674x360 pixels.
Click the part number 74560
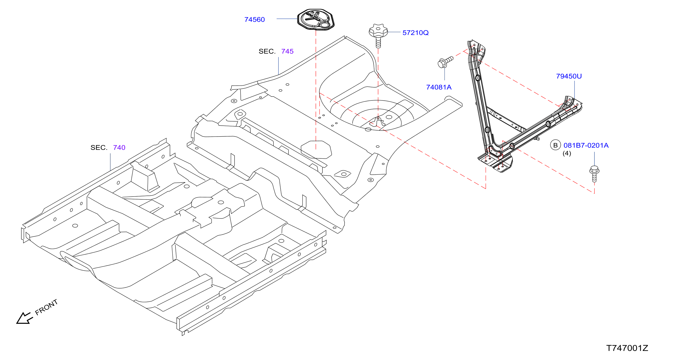coord(254,20)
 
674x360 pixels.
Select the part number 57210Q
coord(415,33)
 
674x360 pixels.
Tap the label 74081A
coord(439,87)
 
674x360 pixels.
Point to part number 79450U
coord(569,76)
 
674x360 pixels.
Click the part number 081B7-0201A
coord(586,145)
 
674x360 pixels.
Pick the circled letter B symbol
coord(555,145)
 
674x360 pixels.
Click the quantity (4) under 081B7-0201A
coord(567,153)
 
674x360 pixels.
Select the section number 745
coord(287,51)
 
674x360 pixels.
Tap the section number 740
coord(119,148)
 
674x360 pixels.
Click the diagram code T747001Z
coord(627,348)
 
